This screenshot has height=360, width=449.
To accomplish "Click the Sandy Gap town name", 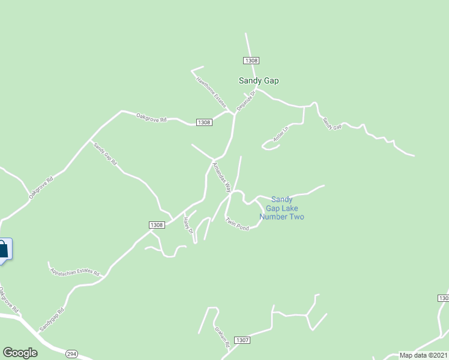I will pos(259,80).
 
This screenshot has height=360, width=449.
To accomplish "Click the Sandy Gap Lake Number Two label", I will pos(282,208).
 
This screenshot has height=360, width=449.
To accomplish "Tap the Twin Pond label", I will pos(237,224).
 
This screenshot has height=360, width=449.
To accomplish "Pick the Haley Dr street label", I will pos(188,225).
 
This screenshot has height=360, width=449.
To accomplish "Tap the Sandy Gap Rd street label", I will pos(104,154).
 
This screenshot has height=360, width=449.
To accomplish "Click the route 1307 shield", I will pos(242,340).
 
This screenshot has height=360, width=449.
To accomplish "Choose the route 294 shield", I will pos(72,353).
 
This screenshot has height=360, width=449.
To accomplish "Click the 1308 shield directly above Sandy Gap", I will pos(252,61).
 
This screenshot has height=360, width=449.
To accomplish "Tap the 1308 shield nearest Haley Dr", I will pos(157,224).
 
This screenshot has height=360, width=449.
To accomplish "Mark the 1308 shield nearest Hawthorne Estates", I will pos(203,122).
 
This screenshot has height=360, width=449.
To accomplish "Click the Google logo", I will pos(20,353).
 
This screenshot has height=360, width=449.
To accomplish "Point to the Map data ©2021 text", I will pos(424,355).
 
